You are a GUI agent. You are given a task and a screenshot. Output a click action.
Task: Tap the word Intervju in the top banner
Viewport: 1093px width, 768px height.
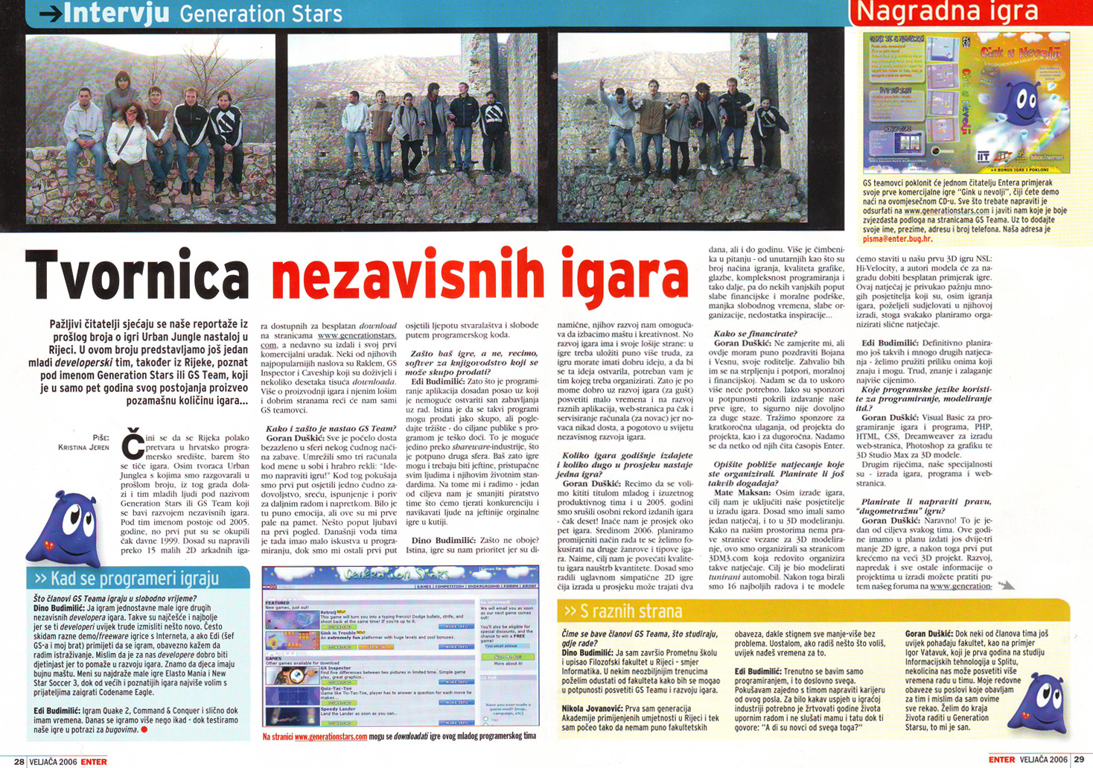click(x=117, y=13)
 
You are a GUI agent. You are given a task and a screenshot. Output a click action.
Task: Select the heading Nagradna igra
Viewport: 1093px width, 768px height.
click(x=947, y=11)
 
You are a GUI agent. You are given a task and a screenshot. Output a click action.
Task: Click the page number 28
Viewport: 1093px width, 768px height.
click(x=19, y=761)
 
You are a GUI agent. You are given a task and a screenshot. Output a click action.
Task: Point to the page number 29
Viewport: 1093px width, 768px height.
click(x=1078, y=759)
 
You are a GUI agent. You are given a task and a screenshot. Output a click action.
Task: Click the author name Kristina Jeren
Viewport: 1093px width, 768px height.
click(x=83, y=448)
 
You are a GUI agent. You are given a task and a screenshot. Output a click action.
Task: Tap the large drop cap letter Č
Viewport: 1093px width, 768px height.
click(x=133, y=443)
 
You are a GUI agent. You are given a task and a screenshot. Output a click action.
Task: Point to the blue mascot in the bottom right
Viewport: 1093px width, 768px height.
click(x=1040, y=703)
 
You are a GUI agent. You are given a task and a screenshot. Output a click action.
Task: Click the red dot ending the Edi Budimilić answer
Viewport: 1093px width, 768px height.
click(x=144, y=729)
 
